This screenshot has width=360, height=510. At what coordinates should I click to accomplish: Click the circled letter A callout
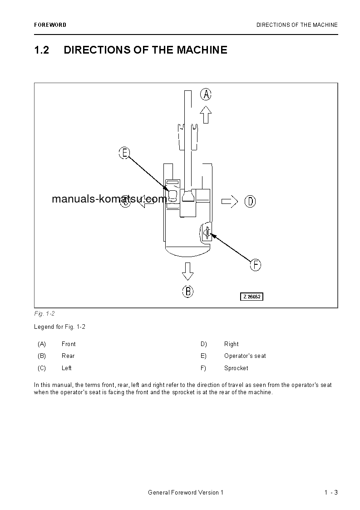(206, 94)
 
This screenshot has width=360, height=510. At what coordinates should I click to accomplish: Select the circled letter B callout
(188, 291)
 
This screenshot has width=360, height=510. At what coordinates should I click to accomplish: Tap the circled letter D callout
(250, 201)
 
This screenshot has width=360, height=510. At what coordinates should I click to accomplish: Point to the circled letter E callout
(124, 153)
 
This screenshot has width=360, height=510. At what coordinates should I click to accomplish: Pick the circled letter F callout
(256, 265)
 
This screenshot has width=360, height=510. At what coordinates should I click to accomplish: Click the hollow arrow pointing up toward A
(206, 114)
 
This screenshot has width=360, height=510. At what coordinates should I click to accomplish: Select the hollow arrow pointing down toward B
(187, 271)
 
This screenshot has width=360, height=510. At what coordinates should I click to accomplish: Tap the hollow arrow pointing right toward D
(229, 201)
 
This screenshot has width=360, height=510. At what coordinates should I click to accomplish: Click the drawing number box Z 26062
(252, 297)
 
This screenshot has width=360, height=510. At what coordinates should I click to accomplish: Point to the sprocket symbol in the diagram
(207, 233)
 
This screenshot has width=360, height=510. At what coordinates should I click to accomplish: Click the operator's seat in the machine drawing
(173, 195)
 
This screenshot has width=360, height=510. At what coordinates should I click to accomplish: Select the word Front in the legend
(69, 344)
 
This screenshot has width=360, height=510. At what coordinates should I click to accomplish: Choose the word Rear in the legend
(68, 356)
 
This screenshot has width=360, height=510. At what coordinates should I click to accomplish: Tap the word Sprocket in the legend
(236, 368)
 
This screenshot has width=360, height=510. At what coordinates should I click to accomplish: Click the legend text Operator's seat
(245, 356)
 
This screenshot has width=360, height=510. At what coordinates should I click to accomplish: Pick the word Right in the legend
(231, 344)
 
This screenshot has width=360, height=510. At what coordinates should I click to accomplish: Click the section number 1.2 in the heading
(41, 50)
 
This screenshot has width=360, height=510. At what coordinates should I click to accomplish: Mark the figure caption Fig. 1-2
(44, 314)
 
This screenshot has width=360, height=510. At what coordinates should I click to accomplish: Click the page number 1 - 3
(331, 493)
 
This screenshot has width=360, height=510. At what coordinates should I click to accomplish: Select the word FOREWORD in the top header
(50, 25)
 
